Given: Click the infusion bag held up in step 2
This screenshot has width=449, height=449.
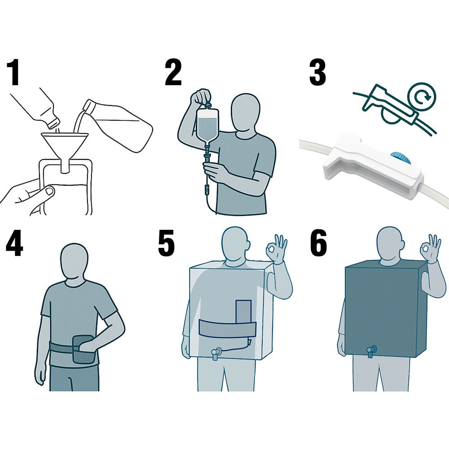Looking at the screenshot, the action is (208, 126).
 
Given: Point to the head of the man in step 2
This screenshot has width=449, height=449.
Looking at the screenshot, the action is (246, 112).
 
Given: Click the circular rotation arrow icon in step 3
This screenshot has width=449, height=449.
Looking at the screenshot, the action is (421, 97).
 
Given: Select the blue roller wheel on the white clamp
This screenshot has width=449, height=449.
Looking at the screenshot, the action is (401, 157).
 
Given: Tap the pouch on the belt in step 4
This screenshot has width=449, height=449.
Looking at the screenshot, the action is (83, 349).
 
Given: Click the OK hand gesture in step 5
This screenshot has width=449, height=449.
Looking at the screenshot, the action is (276, 249).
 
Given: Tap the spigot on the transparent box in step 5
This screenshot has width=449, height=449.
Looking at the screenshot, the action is (216, 353).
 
